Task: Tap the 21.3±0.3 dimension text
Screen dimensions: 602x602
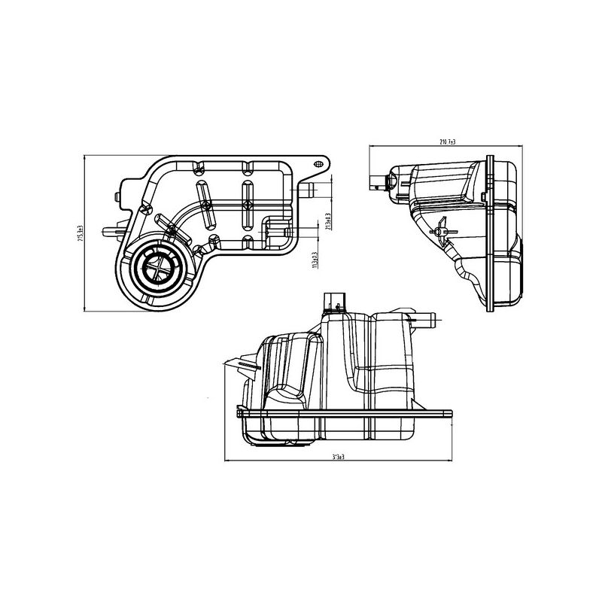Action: click(x=329, y=220)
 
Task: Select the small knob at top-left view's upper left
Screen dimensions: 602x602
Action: click(x=117, y=196)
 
